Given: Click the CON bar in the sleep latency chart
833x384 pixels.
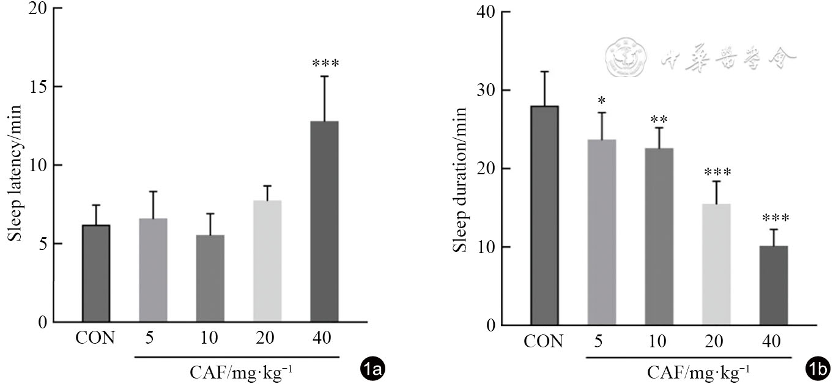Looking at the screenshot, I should (x=96, y=273).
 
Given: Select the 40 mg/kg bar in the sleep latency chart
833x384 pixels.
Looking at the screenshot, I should (x=325, y=221).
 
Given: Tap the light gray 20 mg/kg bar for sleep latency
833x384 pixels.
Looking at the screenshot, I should (x=267, y=261).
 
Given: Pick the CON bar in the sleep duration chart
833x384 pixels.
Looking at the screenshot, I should (x=544, y=215).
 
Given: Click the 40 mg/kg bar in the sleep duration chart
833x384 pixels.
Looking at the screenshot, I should (x=774, y=285).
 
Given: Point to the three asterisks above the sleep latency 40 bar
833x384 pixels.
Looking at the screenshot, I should (x=325, y=63).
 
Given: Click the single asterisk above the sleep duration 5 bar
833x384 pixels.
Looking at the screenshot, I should (x=602, y=100).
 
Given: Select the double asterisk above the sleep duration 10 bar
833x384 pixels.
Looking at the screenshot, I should (x=659, y=119).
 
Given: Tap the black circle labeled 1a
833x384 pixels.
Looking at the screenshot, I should (x=372, y=369).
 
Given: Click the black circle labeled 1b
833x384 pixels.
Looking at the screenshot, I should (x=818, y=369).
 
